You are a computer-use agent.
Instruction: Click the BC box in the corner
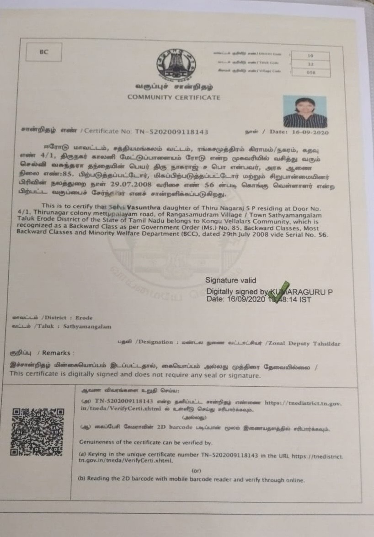[43, 52]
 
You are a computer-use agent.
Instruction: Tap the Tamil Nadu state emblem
[176, 64]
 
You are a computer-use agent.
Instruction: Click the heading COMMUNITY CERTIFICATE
[174, 97]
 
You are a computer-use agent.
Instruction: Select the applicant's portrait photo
[305, 112]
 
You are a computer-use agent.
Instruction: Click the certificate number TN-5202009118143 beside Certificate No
[171, 132]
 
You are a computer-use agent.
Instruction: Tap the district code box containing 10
[311, 56]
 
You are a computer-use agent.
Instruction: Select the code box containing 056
[311, 72]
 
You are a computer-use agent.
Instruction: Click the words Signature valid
[230, 281]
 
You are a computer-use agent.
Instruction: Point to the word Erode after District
[84, 318]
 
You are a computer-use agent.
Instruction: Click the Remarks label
[56, 353]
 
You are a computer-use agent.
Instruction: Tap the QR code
[37, 432]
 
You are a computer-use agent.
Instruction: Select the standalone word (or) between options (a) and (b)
[196, 470]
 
